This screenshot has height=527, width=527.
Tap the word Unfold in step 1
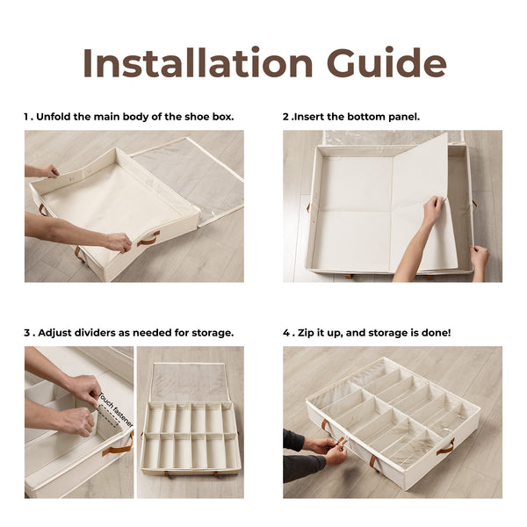pos(59,117)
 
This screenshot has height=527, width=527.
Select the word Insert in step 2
pos(312,117)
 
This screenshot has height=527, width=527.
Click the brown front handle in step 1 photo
pos(148,238)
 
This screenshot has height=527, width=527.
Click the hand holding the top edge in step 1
pos(48,170)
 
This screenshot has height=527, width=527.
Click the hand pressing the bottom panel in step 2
pos(433,212)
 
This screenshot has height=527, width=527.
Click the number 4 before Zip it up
pos(286,333)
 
